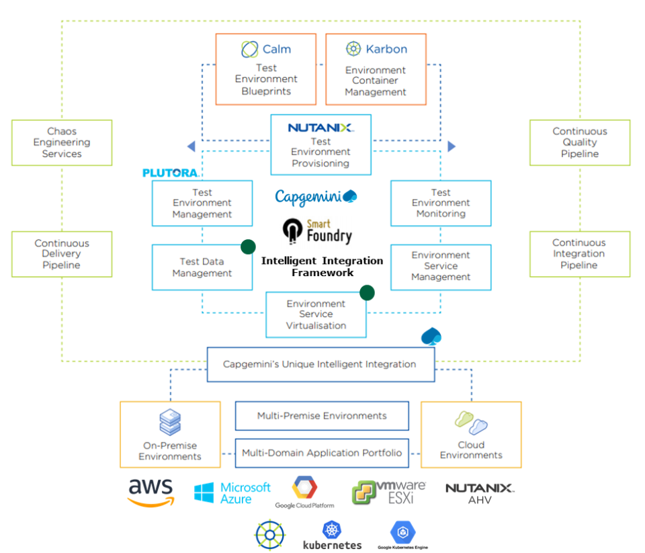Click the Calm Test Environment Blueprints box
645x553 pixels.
point(266,70)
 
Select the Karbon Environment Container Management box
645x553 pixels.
point(376,70)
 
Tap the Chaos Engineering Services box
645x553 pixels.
point(62,142)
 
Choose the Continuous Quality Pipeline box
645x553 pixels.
point(580,142)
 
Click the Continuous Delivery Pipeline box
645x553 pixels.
point(62,254)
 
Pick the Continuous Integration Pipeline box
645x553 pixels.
point(580,254)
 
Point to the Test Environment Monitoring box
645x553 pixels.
point(441,203)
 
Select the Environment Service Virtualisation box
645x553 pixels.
point(316,314)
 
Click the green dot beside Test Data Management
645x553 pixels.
point(248,246)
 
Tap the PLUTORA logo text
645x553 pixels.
point(170,173)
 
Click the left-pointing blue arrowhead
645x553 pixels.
point(191,146)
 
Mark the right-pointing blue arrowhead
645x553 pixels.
point(451,146)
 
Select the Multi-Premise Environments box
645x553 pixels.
point(322,416)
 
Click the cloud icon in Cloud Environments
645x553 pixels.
point(471,423)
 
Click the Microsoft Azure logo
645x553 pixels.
point(232,493)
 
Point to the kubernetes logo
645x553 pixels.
point(332,535)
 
